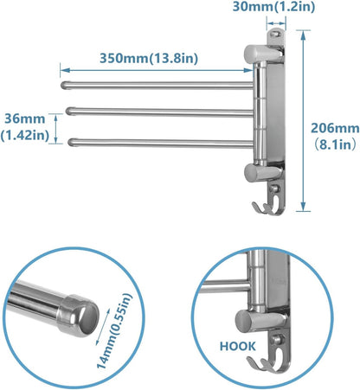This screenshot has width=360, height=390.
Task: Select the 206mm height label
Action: (x=335, y=126)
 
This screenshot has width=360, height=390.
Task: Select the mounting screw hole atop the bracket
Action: (x=277, y=35)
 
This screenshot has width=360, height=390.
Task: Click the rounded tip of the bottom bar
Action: (x=71, y=137)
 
